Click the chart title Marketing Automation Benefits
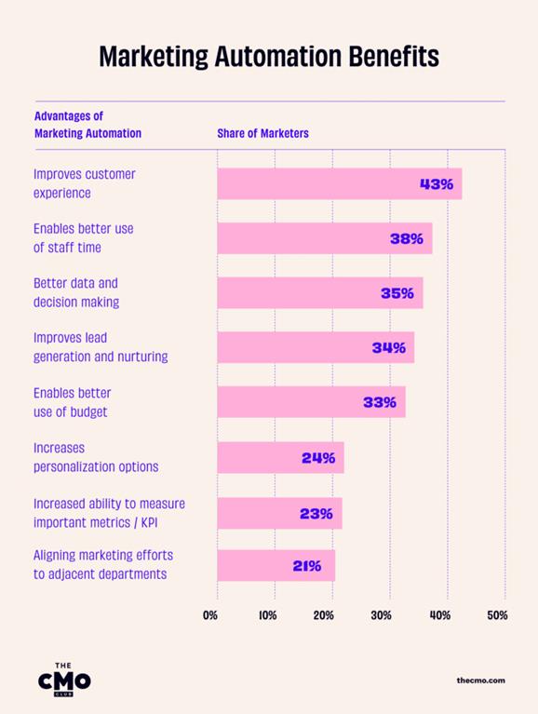click(x=269, y=57)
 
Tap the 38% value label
click(x=407, y=238)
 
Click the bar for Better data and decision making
click(x=298, y=292)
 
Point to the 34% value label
click(x=388, y=347)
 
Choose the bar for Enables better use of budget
click(x=289, y=402)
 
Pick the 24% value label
click(x=318, y=457)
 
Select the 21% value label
click(x=306, y=565)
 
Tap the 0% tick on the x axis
click(x=211, y=615)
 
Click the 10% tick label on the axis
click(x=268, y=615)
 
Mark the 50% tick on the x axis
click(x=497, y=615)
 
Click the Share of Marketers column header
click(x=262, y=133)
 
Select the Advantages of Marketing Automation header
click(x=87, y=125)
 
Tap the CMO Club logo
click(x=64, y=679)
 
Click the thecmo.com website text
click(x=481, y=680)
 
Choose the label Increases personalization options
click(x=96, y=457)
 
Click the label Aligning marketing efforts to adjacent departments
click(x=102, y=565)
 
